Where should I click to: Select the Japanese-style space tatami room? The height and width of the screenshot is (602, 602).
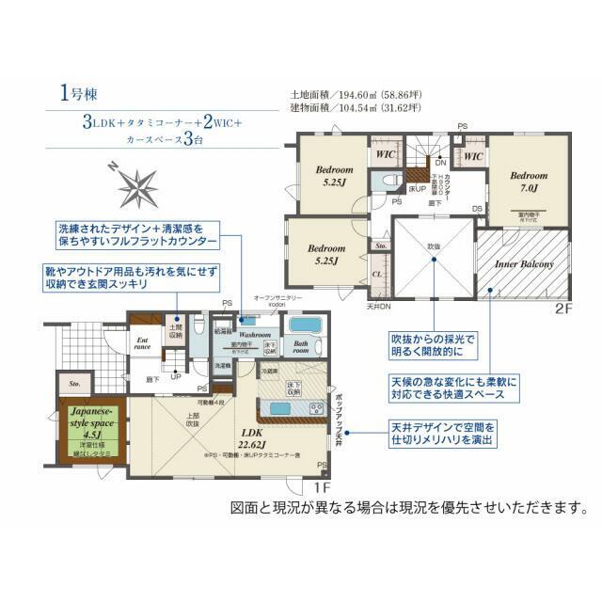pyautogui.click(x=89, y=427)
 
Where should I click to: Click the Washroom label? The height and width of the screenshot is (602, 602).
pyautogui.click(x=254, y=334)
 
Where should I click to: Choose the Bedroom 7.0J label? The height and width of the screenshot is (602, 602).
pyautogui.click(x=528, y=182)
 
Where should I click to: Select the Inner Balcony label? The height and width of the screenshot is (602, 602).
pyautogui.click(x=524, y=265)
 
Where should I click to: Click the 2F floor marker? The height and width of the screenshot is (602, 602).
pyautogui.click(x=562, y=308)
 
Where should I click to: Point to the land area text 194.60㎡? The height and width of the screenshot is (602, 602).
pyautogui.click(x=361, y=94)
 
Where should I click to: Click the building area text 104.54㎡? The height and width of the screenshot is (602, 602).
pyautogui.click(x=361, y=108)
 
